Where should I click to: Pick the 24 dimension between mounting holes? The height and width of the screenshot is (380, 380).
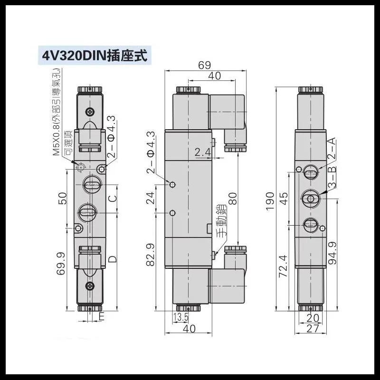(x=151, y=198)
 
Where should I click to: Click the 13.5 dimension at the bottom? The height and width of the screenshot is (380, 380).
(x=180, y=317)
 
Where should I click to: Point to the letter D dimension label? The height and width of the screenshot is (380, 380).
(x=113, y=259)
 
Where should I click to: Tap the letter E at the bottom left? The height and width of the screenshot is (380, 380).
(x=102, y=316)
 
